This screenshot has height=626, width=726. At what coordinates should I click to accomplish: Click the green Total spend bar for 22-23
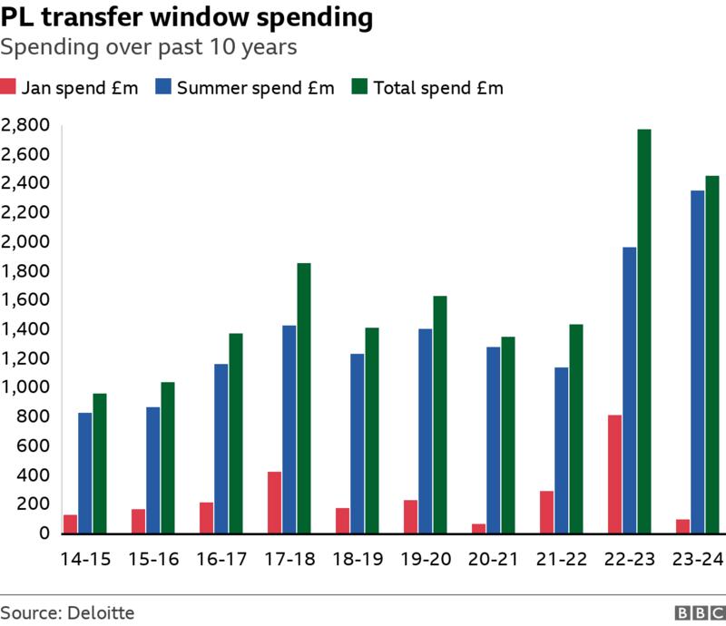point(644,331)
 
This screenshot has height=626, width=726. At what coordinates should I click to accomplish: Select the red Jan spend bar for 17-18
point(274,503)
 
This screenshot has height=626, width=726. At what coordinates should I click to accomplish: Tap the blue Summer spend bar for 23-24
point(697,362)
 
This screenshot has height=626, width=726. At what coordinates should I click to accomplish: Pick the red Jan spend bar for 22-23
point(614,474)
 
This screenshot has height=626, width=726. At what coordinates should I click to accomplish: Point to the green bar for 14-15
point(100,464)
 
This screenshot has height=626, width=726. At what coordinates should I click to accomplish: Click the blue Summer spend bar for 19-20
point(425,431)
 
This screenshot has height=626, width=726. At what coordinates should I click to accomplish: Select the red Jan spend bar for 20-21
point(478,528)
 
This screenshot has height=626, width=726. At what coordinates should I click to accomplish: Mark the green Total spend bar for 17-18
point(304,398)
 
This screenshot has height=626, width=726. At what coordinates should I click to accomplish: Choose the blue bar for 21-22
point(561,450)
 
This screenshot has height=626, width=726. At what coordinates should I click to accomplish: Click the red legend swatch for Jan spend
point(9,88)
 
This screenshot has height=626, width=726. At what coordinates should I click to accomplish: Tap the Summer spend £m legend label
point(256,88)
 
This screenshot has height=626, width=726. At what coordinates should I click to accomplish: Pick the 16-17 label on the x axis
point(221,559)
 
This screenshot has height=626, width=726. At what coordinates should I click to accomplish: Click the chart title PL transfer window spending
point(186,17)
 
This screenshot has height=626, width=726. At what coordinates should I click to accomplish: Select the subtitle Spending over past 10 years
point(149,47)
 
